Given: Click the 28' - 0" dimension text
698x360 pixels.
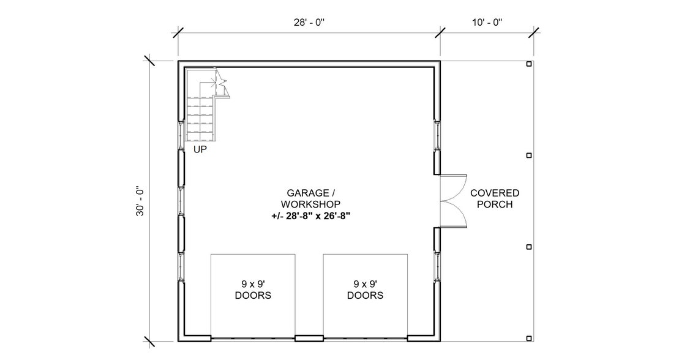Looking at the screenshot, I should point(309,22).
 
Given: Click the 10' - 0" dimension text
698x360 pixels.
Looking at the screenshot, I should point(487,22).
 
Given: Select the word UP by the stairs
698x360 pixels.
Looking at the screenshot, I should point(200,149).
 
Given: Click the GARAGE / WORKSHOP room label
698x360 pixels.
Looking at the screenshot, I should point(310,198).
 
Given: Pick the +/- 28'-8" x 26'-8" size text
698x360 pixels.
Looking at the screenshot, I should point(310,216).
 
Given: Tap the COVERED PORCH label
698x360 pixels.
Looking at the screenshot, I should point(495,198).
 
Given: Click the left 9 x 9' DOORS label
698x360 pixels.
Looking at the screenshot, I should point(253,290).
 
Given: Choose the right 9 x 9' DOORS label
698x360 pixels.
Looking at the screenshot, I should point(365,290).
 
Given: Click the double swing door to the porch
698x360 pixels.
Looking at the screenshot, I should point(454,201).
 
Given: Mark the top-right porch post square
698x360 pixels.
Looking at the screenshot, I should point(529,64).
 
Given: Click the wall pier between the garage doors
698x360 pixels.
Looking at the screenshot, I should point(309,337).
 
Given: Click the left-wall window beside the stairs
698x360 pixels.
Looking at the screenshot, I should point(181,135).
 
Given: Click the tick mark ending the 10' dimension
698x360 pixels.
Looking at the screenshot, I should point(533,32).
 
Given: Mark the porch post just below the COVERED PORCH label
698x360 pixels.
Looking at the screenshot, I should point(529,246).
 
